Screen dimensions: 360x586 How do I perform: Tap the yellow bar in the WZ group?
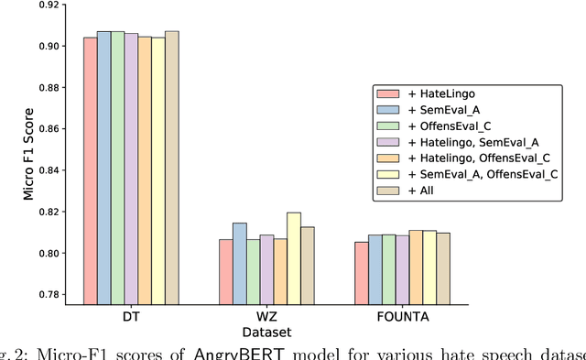pos(293,257)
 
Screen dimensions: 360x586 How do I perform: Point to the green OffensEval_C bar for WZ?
pos(253,271)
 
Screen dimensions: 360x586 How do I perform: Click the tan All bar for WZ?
pos(307,265)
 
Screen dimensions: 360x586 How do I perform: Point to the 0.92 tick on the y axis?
pos(49,5)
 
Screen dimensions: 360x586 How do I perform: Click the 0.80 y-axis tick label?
pos(49,254)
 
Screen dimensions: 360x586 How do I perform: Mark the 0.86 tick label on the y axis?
pos(49,129)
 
